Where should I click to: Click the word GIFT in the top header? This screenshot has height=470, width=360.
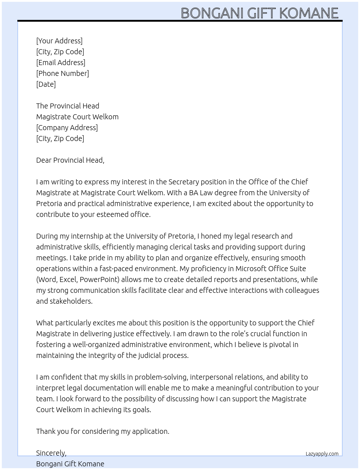pyautogui.click(x=262, y=13)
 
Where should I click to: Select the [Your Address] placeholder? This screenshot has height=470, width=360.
pyautogui.click(x=59, y=41)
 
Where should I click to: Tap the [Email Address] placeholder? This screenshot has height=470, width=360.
pyautogui.click(x=61, y=63)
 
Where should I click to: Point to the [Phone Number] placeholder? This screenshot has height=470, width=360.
pyautogui.click(x=63, y=73)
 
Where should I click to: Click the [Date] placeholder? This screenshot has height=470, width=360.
pyautogui.click(x=46, y=84)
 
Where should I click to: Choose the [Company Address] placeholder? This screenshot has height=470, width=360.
pyautogui.click(x=67, y=128)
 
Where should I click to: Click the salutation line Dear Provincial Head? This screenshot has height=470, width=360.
pyautogui.click(x=70, y=160)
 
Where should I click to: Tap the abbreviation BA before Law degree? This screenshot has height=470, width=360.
pyautogui.click(x=193, y=193)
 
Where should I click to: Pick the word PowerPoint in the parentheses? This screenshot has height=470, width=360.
pyautogui.click(x=99, y=279)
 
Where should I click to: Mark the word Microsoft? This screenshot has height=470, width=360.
pyautogui.click(x=252, y=269)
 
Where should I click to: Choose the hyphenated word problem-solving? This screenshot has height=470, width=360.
pyautogui.click(x=161, y=377)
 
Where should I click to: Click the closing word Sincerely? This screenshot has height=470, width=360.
pyautogui.click(x=51, y=453)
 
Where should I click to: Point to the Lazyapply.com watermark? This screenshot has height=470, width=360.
pyautogui.click(x=322, y=454)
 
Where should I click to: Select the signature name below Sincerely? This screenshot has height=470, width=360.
pyautogui.click(x=70, y=464)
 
